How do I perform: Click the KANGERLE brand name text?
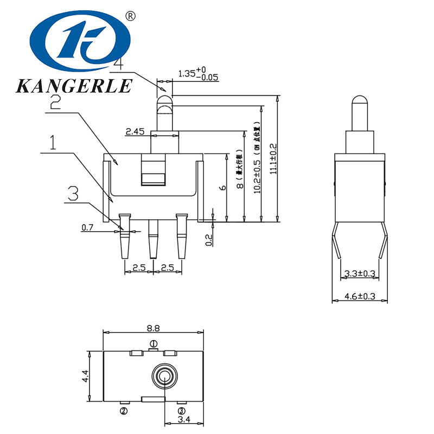[x=74, y=86]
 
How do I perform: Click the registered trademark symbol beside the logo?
[x=130, y=16]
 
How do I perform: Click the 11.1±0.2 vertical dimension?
[x=273, y=159]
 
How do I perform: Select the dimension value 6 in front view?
[x=221, y=187]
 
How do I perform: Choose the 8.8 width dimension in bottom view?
[x=153, y=328]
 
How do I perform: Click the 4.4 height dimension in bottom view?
[x=85, y=376]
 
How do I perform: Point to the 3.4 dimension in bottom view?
[x=183, y=418]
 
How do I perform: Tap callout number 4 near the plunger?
[x=118, y=63]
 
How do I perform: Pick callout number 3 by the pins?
[x=73, y=193]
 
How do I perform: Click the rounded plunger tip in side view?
[x=359, y=101]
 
